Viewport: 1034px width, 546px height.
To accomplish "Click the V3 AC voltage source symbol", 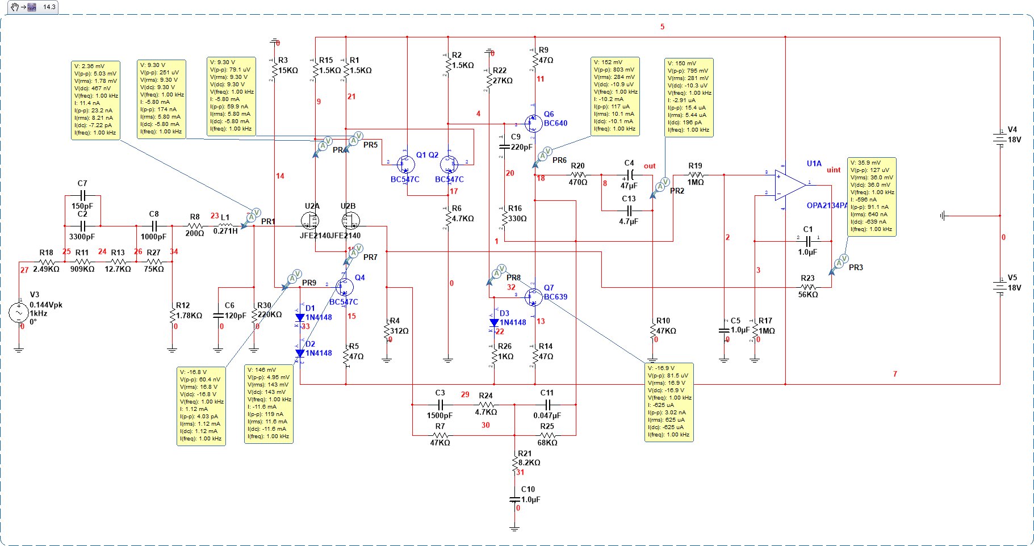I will click(x=19, y=313).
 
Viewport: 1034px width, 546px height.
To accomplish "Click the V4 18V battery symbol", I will click(x=1000, y=138).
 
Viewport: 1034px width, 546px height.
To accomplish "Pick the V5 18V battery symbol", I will click(x=1000, y=286).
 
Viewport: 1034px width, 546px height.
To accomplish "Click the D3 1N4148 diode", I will click(x=494, y=322).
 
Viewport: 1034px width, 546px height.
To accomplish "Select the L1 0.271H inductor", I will click(x=225, y=226).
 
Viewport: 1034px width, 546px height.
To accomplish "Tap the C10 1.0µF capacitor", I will click(x=514, y=499).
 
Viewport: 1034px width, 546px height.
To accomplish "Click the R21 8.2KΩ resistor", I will click(x=514, y=463).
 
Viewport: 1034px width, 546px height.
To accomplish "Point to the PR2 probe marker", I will click(x=660, y=186).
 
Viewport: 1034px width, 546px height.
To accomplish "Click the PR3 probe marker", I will click(x=839, y=263).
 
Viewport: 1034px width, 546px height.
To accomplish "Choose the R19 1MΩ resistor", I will click(x=696, y=175).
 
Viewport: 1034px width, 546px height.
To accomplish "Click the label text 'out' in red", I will click(x=650, y=166).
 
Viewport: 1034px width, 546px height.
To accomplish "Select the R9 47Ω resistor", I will click(x=535, y=60).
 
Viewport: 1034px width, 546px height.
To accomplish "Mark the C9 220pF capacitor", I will click(x=504, y=146).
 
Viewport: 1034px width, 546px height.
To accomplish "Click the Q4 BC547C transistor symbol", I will click(x=344, y=287).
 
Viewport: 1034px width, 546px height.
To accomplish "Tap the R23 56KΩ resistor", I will click(x=807, y=287).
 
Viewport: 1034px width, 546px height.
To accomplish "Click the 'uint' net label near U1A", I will click(x=834, y=170).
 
